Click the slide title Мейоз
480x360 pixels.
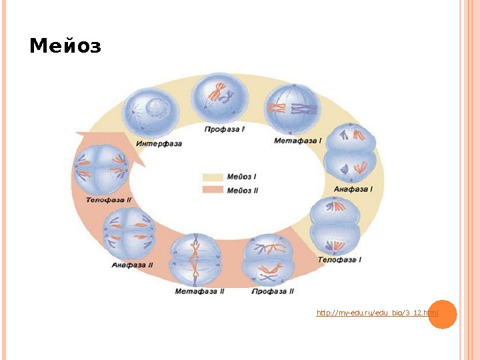[x=65, y=47]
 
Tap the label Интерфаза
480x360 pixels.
[x=159, y=143]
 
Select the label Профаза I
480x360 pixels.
[x=225, y=129]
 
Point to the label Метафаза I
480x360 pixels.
[x=297, y=141]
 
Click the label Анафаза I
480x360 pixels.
[x=353, y=189]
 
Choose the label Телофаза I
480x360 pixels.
[x=339, y=259]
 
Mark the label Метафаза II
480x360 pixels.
[x=199, y=291]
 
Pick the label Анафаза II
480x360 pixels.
[x=132, y=265]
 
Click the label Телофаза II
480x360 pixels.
[x=109, y=199]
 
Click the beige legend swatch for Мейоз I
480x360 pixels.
[x=213, y=177]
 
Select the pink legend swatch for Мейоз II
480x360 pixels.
[x=213, y=190]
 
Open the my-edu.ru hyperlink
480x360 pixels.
[x=377, y=313]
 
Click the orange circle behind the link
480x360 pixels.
[x=442, y=313]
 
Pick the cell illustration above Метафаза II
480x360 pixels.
[x=195, y=259]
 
